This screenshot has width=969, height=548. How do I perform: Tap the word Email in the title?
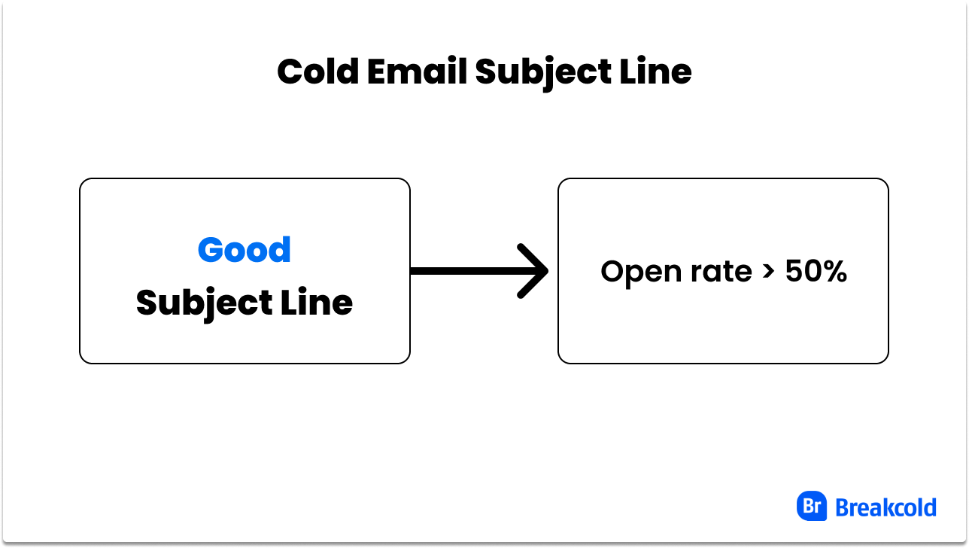click(415, 72)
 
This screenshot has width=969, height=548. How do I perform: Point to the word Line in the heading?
click(660, 72)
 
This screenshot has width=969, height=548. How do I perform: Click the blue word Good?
click(244, 250)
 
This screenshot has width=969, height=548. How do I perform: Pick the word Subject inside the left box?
click(203, 303)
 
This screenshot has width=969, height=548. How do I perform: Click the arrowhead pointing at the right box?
click(536, 271)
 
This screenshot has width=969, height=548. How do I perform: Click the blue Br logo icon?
click(812, 507)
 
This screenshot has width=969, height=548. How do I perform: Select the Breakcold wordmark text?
click(885, 507)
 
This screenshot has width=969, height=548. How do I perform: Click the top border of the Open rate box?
click(722, 179)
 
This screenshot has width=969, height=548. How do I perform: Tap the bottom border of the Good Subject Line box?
click(245, 363)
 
